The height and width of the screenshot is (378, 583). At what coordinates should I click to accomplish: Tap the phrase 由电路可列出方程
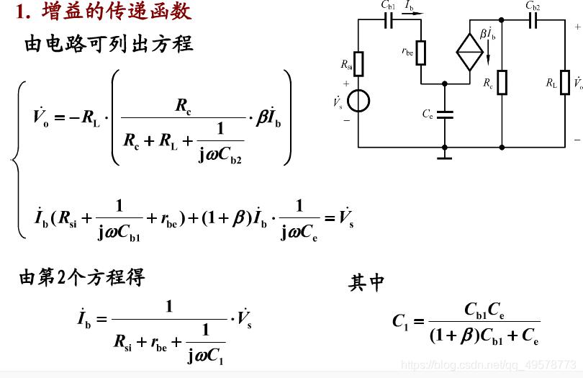[x=109, y=44]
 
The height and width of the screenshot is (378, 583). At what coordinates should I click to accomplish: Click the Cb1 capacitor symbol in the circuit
[x=389, y=21]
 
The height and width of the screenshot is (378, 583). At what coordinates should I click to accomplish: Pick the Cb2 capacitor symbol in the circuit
[x=533, y=21]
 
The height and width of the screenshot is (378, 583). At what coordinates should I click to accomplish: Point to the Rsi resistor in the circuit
[x=358, y=64]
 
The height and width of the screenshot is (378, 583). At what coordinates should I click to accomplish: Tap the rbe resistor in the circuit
[x=421, y=52]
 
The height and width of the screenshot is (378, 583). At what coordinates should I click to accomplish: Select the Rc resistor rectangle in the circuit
[x=502, y=82]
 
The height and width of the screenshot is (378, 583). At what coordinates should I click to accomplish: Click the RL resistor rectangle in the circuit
[x=565, y=82]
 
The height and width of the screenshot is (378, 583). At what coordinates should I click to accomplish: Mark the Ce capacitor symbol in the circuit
[x=446, y=114]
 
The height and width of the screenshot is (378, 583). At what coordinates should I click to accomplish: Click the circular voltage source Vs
[x=358, y=101]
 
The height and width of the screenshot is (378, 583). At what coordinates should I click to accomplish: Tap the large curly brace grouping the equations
[x=18, y=158]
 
